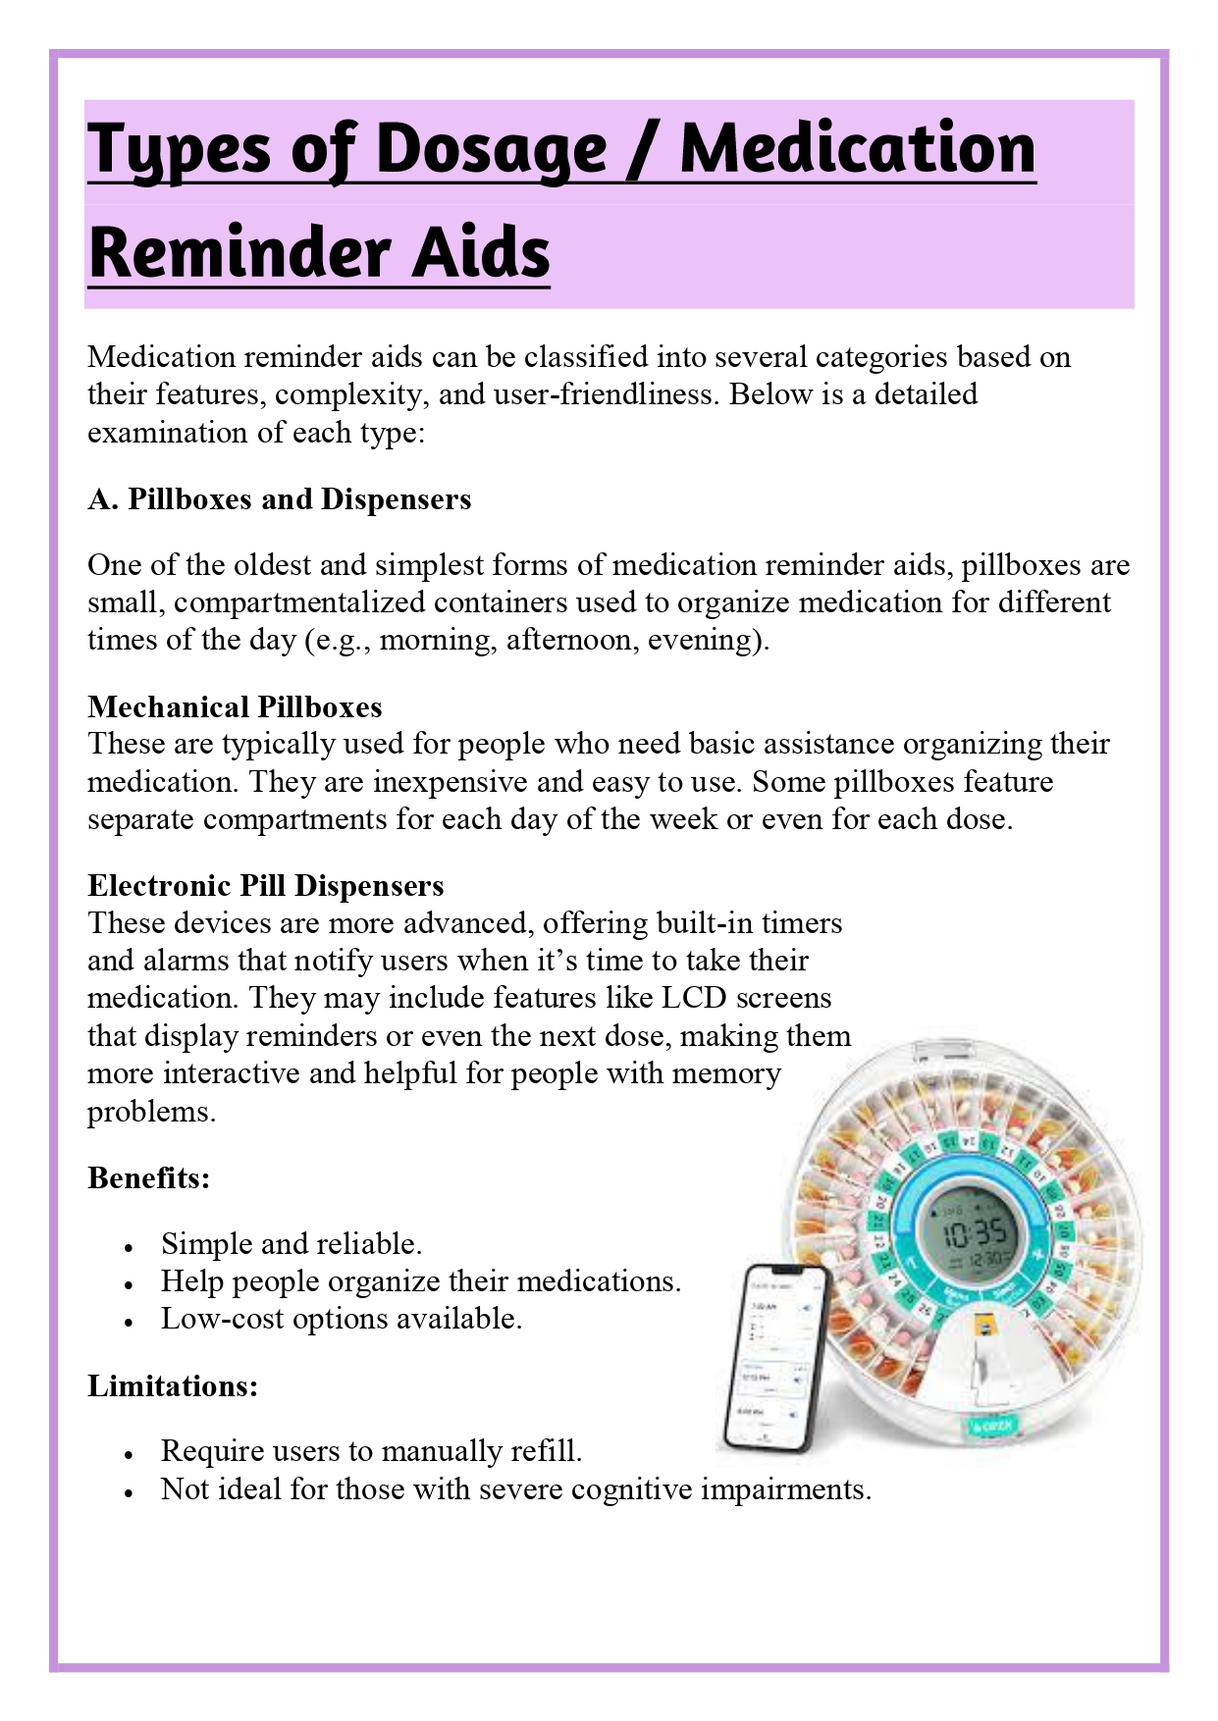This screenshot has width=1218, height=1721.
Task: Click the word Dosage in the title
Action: click(492, 149)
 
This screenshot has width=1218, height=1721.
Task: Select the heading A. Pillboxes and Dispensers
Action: click(279, 499)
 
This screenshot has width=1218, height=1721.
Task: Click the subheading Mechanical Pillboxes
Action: click(235, 706)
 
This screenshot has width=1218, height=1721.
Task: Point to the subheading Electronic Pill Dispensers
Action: click(265, 886)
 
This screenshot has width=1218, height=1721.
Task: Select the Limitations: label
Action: click(173, 1385)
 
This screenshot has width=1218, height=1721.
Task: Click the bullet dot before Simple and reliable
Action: click(129, 1247)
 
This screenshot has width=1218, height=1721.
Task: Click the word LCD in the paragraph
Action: click(693, 998)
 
